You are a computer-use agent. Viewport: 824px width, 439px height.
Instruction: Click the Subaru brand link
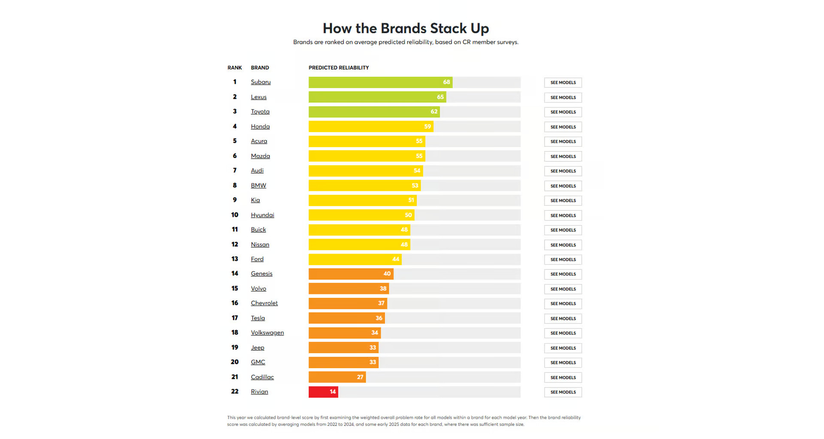tap(261, 82)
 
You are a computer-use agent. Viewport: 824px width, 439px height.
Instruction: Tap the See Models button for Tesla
tap(563, 318)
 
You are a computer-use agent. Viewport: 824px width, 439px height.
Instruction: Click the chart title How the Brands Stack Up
tap(406, 28)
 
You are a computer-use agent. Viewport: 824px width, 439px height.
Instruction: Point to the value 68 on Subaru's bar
tap(446, 82)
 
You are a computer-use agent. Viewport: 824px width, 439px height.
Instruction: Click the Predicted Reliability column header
tap(339, 68)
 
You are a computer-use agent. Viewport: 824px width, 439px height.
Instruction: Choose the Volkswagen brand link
tap(267, 333)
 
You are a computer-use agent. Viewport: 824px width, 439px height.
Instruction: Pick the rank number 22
tap(235, 391)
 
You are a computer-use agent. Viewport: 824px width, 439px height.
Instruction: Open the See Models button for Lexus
tap(563, 97)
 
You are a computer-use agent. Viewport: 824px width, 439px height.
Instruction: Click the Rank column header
tap(235, 68)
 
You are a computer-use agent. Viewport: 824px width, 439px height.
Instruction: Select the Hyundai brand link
tap(262, 215)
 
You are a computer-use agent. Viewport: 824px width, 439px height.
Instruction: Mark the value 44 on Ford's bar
tap(396, 259)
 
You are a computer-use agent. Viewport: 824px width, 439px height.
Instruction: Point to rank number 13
tap(235, 259)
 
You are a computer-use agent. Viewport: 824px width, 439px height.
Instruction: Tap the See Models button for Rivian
tap(563, 392)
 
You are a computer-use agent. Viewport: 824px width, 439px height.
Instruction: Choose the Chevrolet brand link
tap(264, 303)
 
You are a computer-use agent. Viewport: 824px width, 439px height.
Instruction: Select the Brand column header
tap(260, 68)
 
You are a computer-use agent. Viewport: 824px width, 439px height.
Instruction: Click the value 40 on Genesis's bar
tap(387, 274)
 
